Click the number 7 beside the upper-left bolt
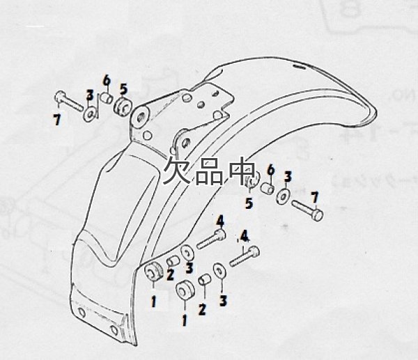coord(56,120)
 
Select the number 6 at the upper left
coord(107,79)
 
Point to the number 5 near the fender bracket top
coord(123,88)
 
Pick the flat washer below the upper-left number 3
coord(91,112)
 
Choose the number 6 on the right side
coord(270,169)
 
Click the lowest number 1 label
coord(185,321)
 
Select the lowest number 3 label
coord(223,301)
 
